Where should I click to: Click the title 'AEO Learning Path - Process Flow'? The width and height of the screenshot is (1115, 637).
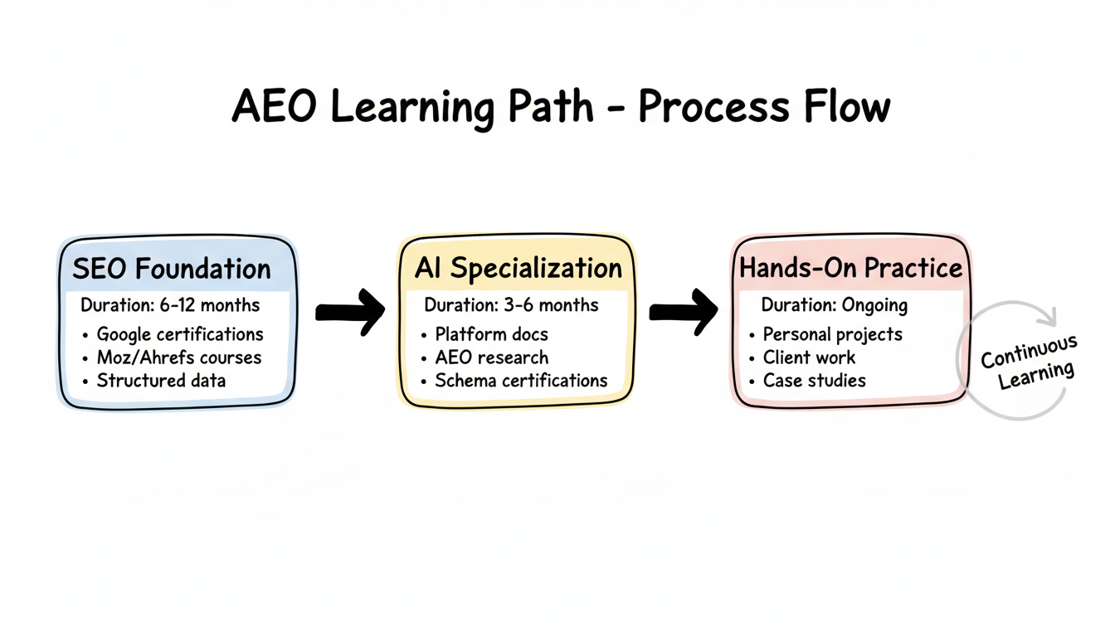tap(561, 108)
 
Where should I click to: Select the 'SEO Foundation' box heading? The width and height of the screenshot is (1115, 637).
tap(172, 269)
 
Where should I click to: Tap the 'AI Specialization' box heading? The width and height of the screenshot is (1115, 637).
tap(518, 268)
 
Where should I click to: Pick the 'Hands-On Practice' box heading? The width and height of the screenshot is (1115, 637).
tap(850, 268)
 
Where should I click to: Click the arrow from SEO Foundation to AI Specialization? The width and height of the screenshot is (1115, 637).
tap(350, 311)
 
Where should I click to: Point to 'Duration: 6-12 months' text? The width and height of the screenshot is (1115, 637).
tap(170, 305)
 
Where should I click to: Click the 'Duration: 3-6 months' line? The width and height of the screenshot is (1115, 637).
tap(511, 304)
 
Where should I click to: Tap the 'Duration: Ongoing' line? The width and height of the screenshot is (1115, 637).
tap(834, 305)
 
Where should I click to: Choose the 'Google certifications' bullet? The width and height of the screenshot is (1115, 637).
tap(179, 334)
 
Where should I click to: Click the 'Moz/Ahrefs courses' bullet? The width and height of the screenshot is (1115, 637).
tap(178, 357)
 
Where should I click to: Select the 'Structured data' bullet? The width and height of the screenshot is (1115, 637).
tap(161, 381)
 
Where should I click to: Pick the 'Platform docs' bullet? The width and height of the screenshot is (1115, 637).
tap(491, 334)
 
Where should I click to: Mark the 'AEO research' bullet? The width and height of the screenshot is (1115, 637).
tap(491, 357)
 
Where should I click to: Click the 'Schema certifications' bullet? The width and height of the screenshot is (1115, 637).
tap(521, 381)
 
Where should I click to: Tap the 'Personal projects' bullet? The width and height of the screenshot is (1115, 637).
tap(832, 334)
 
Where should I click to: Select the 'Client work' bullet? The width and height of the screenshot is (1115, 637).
tap(809, 357)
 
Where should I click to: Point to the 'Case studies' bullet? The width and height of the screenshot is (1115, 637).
tap(814, 381)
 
